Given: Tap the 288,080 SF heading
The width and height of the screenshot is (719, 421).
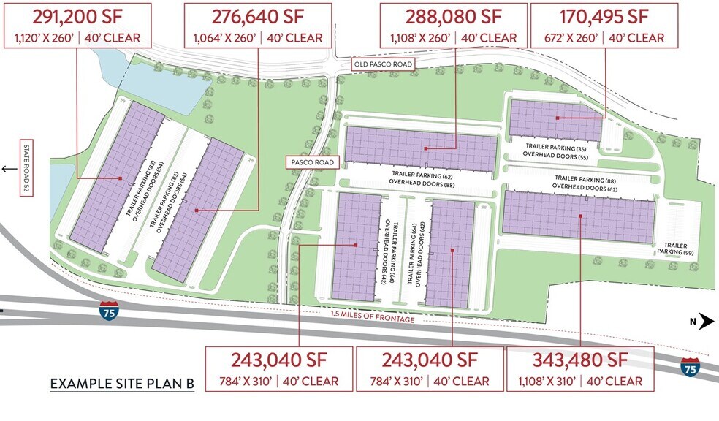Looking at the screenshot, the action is [x=454, y=16].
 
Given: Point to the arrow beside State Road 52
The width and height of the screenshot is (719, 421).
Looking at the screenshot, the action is [x=9, y=169].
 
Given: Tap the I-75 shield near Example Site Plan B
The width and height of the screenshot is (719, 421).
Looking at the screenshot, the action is [x=108, y=311].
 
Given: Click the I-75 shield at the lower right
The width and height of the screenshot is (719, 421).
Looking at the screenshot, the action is [x=688, y=368].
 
